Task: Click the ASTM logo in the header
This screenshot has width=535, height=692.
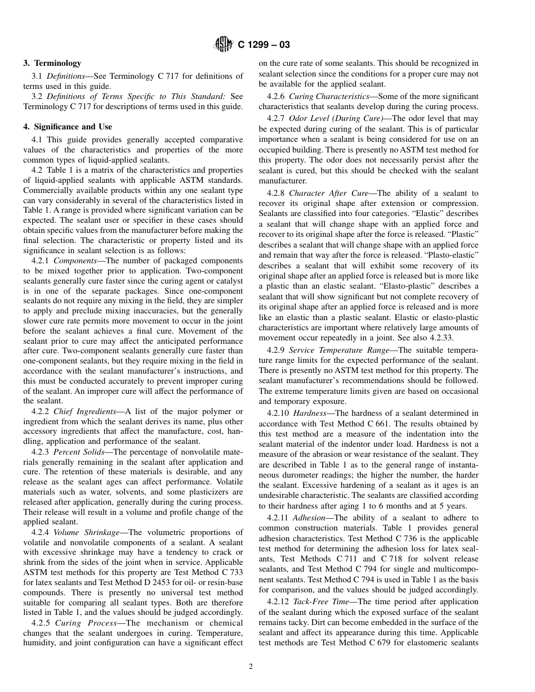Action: coord(224,44)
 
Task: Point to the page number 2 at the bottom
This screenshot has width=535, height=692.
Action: coord(251,667)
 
